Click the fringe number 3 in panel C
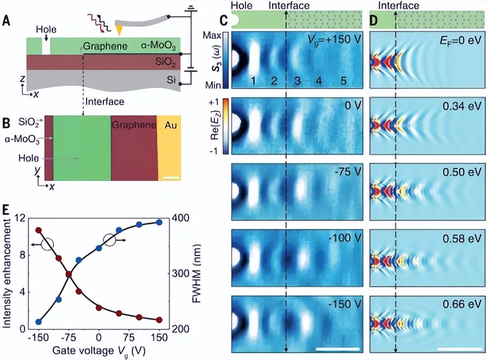coord(297,80)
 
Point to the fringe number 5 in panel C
coord(343,80)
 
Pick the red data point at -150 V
coord(38,230)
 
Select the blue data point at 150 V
coord(159,222)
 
